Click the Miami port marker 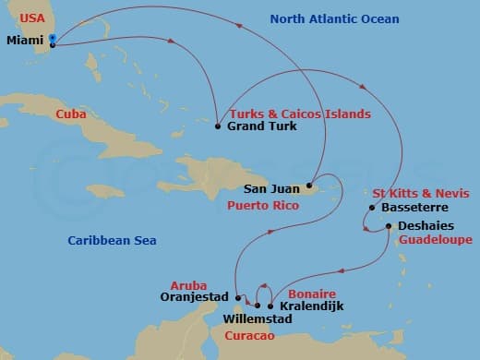coord(53,41)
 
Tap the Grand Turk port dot coord(217,126)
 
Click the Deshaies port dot coord(389,225)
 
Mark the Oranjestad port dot coord(238,297)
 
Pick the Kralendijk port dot coord(270,306)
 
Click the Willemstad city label coord(258,319)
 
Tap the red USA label coord(33,18)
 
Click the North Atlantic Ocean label coord(335,19)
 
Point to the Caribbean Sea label coord(112,241)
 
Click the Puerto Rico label coord(262,205)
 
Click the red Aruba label coord(189,285)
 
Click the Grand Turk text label coord(262,126)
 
